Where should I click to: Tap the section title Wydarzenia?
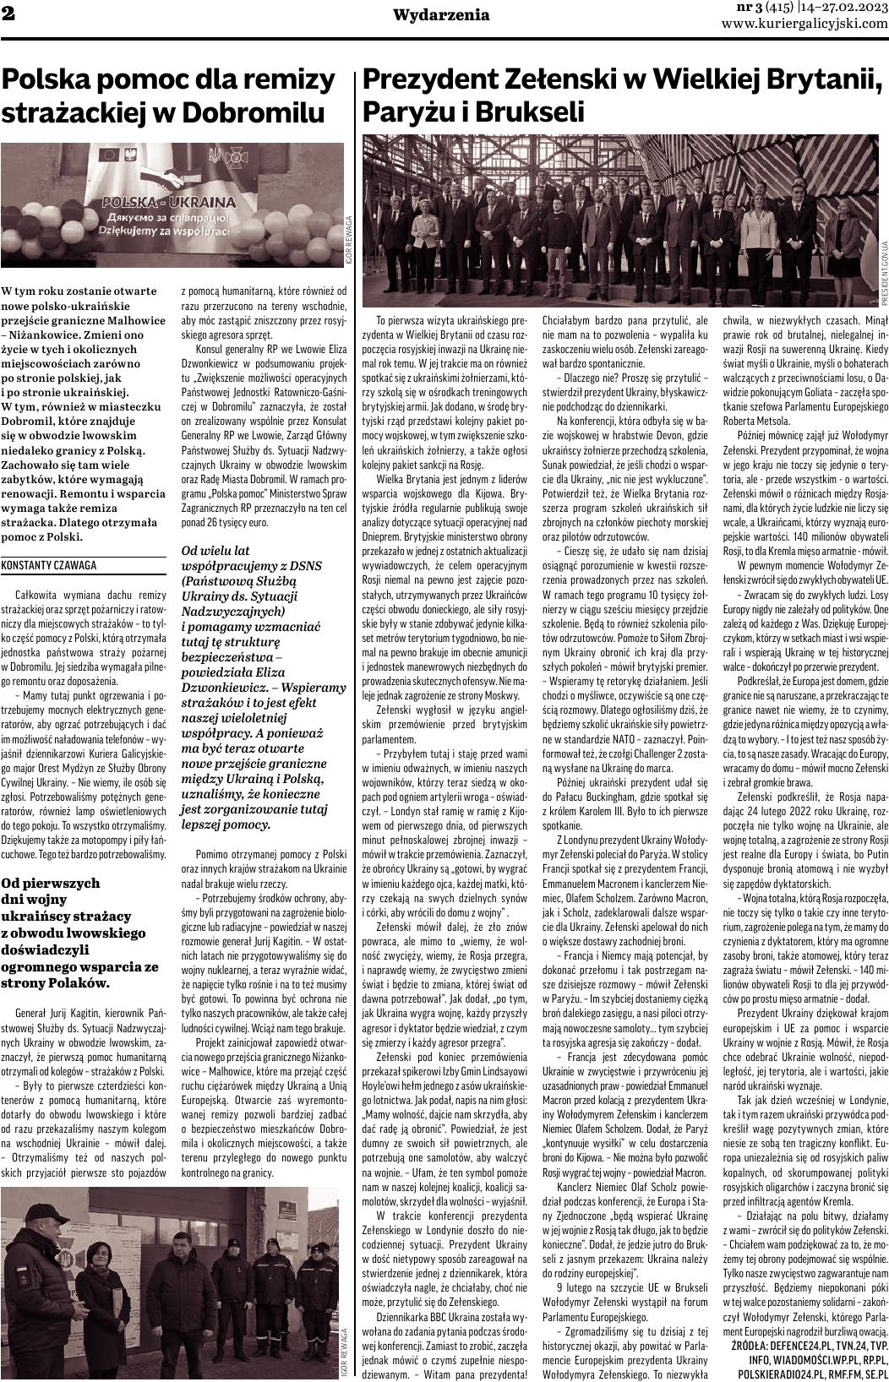441,14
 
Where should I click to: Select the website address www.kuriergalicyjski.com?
804,24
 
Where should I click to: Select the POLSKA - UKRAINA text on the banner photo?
168,203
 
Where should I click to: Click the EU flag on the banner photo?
109,155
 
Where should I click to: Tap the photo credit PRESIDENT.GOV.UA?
884,274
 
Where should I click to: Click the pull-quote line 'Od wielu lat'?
215,551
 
